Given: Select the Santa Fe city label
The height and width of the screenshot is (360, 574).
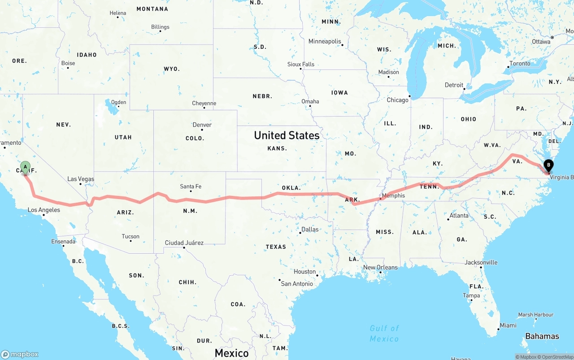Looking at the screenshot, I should (191, 187).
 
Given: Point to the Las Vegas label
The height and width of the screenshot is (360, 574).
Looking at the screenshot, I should (81, 179).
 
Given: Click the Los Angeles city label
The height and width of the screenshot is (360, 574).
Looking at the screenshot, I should (43, 210).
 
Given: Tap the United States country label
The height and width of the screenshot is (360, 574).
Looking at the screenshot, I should (287, 135).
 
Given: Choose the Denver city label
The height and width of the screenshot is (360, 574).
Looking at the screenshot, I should (202, 125).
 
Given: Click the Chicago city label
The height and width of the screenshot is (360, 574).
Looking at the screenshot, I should (397, 100).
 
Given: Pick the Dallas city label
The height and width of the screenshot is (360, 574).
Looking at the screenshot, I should (310, 229).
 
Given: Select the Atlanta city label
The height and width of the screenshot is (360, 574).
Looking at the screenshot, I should (459, 215).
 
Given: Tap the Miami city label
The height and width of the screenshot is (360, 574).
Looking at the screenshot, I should (508, 325).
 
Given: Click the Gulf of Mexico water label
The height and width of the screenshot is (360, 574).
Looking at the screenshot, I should (384, 334).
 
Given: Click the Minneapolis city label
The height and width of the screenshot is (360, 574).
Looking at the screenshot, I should (325, 41).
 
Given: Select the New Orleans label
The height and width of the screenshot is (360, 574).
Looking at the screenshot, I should (380, 267).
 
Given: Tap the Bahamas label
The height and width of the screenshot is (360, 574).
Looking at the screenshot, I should (542, 336).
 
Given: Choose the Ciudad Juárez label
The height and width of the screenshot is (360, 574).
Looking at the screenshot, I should (184, 243).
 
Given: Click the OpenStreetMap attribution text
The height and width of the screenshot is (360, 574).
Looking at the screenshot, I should (556, 357).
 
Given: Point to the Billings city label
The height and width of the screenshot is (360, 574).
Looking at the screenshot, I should (160, 27).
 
